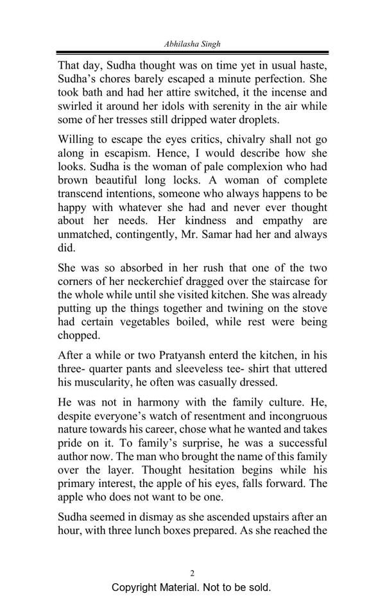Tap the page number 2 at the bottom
pos(192,573)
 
